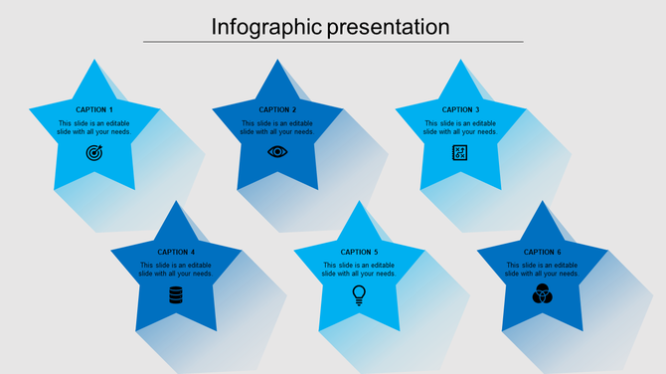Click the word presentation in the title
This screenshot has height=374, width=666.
[x=389, y=27]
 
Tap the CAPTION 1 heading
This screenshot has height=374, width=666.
[x=94, y=109]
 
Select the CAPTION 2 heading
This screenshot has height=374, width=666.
[x=277, y=109]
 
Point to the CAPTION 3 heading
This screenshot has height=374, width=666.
[x=460, y=109]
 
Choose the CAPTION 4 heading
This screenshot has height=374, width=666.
[x=176, y=252]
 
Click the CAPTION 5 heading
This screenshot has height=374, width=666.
[x=359, y=252]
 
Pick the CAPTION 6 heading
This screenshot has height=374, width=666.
[x=542, y=252]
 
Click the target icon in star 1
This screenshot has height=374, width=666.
[x=94, y=152]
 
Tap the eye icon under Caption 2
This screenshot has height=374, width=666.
[x=277, y=152]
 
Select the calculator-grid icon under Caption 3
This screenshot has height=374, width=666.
[x=460, y=152]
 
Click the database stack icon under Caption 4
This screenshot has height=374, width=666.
[x=176, y=294]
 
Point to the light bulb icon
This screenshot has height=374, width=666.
[x=359, y=294]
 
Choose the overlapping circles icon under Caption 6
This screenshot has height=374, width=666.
[x=542, y=294]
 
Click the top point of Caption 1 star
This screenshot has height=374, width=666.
[x=94, y=63]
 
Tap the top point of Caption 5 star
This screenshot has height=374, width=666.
[x=359, y=205]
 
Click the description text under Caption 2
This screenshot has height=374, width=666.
[x=277, y=127]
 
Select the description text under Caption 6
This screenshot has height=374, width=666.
[x=542, y=270]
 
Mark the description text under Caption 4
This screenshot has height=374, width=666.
[x=176, y=270]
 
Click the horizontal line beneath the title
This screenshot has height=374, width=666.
[x=333, y=42]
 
